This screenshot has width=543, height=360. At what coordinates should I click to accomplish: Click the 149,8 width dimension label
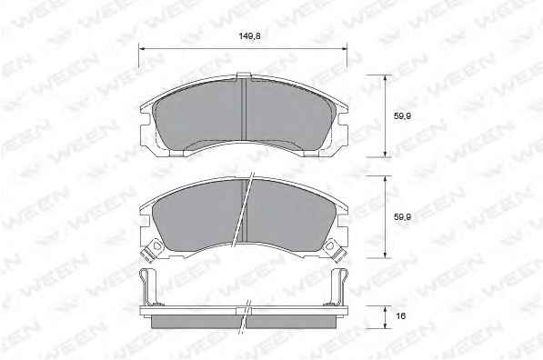click(249, 35)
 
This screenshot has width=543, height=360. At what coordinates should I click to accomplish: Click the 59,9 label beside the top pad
click(402, 116)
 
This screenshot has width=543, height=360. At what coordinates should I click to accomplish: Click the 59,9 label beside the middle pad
click(402, 217)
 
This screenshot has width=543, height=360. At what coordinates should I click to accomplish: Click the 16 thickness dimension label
click(401, 316)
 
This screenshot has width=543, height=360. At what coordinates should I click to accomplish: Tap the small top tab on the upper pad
click(244, 75)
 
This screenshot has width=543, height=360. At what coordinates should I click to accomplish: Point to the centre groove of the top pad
click(244, 110)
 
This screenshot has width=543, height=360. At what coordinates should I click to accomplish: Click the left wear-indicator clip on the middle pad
click(152, 251)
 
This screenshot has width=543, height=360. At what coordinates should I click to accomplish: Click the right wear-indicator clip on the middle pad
click(336, 251)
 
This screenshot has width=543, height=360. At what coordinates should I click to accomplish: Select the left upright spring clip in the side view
click(148, 288)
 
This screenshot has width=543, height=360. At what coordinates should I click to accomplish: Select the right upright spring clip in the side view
click(338, 288)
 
